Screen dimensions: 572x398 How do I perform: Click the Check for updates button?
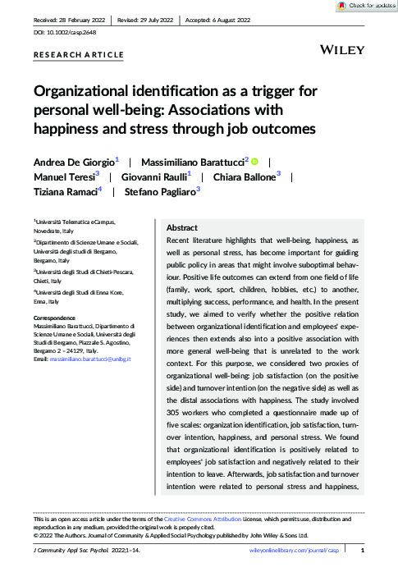click(x=368, y=5)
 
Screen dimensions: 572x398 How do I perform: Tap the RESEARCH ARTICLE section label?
click(x=79, y=55)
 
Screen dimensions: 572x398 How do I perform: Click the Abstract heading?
click(x=182, y=227)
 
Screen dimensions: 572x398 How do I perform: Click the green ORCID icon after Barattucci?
click(x=254, y=162)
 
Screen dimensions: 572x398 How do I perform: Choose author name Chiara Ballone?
click(x=244, y=176)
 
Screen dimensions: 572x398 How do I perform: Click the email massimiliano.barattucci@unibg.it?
click(x=92, y=359)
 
